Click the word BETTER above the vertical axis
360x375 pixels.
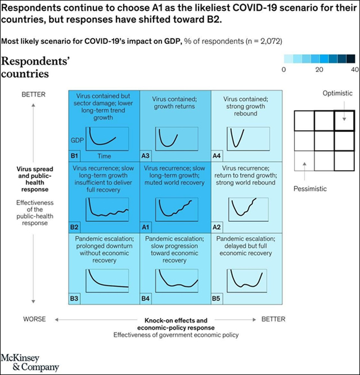pyautogui.click(x=33, y=94)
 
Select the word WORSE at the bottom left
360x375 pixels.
pyautogui.click(x=34, y=319)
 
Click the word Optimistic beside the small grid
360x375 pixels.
pyautogui.click(x=337, y=93)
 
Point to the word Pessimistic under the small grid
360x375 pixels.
pyautogui.click(x=310, y=189)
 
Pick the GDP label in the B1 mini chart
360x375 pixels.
pyautogui.click(x=77, y=139)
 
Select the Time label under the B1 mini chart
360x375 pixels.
pyautogui.click(x=104, y=155)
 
